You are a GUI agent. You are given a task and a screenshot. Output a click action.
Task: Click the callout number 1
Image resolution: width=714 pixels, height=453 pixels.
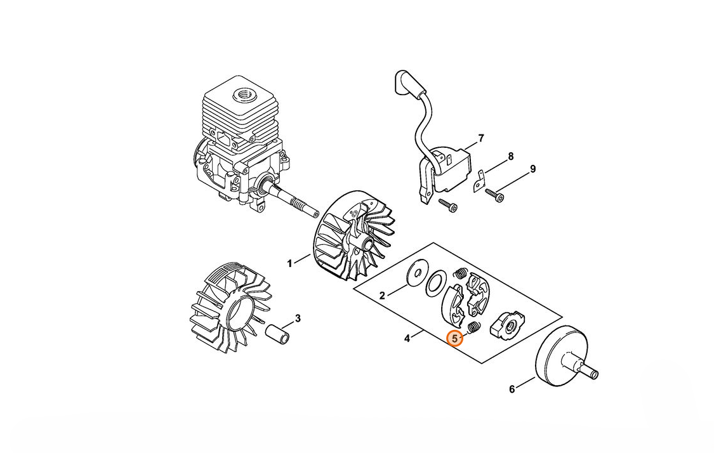(289, 263)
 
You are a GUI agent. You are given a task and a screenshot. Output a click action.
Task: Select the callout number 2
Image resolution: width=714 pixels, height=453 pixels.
(383, 296)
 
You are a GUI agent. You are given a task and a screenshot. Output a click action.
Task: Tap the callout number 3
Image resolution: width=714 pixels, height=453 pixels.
(298, 318)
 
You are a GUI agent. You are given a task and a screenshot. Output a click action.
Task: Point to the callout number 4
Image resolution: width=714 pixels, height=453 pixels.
(407, 338)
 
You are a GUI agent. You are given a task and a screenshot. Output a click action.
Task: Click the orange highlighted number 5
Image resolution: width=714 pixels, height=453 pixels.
(455, 339)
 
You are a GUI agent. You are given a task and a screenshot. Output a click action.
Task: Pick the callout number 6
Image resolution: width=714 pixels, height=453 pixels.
(512, 390)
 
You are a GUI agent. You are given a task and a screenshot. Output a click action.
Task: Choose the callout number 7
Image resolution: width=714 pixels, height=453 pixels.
(481, 138)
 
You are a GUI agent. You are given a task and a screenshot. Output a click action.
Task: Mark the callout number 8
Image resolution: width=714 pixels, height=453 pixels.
(510, 157)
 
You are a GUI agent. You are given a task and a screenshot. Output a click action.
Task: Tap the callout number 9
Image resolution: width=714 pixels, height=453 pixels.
(532, 169)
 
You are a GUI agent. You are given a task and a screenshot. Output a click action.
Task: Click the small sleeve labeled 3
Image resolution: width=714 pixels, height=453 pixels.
(278, 334)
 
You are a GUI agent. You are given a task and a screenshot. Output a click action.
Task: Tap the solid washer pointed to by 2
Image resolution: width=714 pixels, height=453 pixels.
(416, 274)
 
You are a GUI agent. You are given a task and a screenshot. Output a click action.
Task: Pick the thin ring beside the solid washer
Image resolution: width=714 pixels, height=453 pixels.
(436, 283)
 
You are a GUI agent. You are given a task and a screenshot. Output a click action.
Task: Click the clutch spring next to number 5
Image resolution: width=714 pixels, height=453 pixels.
(474, 328)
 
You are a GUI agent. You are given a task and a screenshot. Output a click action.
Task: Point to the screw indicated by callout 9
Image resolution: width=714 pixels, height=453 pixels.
(494, 194)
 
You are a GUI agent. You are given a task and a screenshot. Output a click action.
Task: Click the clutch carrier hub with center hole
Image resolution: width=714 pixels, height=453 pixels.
(507, 324)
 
